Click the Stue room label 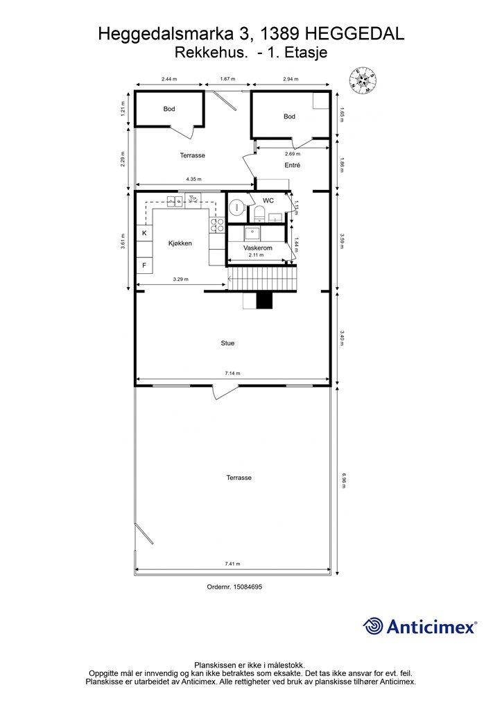click(x=227, y=343)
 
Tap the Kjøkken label click(x=180, y=243)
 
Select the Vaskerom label click(x=257, y=248)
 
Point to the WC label click(x=268, y=200)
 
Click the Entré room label click(x=293, y=165)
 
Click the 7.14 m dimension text click(x=233, y=374)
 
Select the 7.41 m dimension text click(x=233, y=564)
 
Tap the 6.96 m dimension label click(x=344, y=480)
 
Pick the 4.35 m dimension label click(x=193, y=180)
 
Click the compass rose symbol click(x=363, y=80)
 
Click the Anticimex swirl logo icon click(x=373, y=626)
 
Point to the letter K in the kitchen click(x=144, y=233)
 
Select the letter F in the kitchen click(x=144, y=266)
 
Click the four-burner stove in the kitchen click(x=217, y=225)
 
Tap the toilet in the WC click(x=259, y=212)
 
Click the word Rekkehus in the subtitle click(x=211, y=53)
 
